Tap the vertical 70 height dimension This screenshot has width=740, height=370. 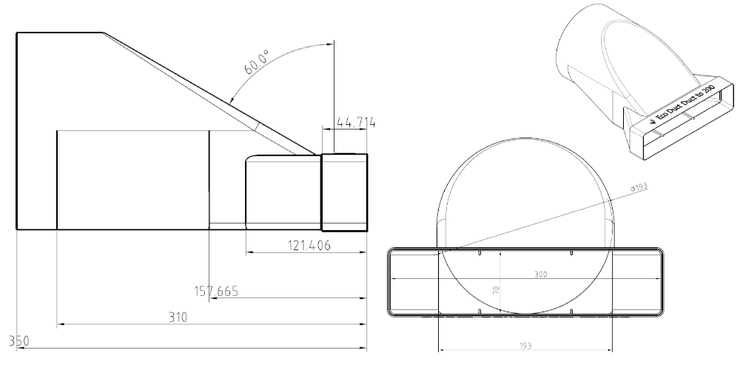[x=498, y=290]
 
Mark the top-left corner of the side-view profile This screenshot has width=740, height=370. [x=16, y=33]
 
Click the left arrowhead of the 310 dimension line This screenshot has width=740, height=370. [x=60, y=324]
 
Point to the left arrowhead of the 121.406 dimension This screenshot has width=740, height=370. [x=249, y=253]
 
